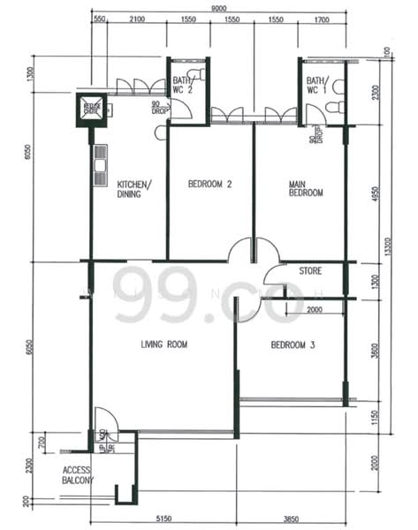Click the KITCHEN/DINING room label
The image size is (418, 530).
pos(134,189)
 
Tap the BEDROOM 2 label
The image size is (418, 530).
pos(209,185)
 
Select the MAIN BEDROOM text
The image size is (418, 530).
pos(306,189)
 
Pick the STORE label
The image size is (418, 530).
pos(310,270)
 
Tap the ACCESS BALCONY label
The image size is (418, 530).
pos(77,475)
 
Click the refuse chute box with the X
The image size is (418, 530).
pos(91,109)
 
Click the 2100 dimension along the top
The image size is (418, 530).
pos(137,19)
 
